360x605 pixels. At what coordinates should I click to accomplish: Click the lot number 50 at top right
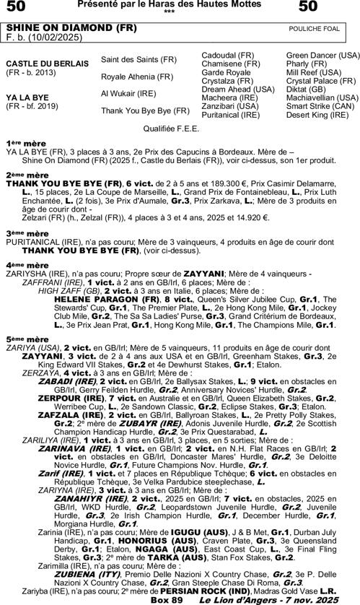[x=307, y=8]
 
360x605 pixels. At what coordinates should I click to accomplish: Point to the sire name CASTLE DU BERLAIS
[x=48, y=64]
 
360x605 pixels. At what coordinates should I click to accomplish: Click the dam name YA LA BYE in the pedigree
[x=27, y=96]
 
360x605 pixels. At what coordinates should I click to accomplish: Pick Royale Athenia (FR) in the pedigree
[x=137, y=76]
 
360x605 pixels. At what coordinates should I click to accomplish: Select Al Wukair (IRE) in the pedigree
[x=128, y=93]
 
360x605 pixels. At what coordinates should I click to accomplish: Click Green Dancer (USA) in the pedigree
[x=322, y=55]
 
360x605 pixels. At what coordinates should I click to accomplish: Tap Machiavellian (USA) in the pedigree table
[x=322, y=97]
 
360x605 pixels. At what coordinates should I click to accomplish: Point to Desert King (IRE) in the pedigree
[x=317, y=115]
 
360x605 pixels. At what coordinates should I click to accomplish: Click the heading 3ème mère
[x=27, y=233]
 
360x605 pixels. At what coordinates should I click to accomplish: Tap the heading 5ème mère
[x=27, y=339]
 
